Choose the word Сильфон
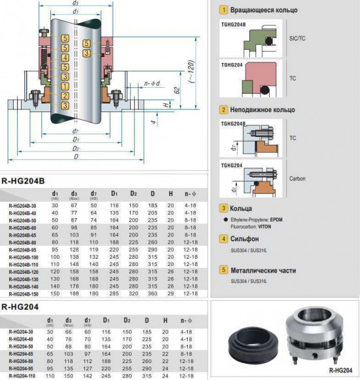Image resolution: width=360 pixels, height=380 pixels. [245, 238]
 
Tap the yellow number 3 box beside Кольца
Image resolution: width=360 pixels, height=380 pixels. [225, 208]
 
